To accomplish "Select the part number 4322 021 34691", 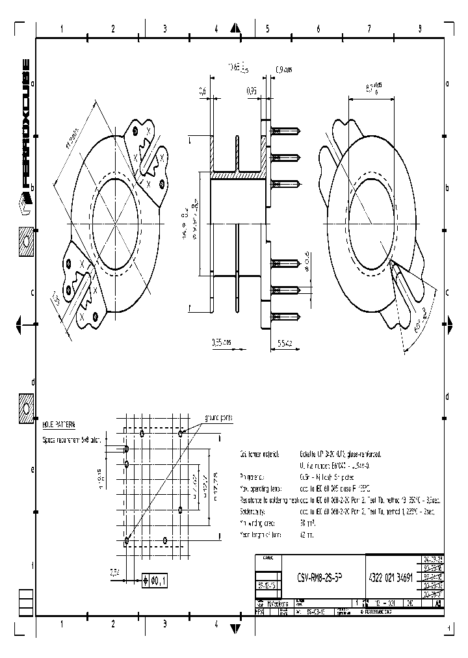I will (x=391, y=577).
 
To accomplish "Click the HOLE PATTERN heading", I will (x=58, y=424).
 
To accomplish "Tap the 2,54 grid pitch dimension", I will (x=114, y=572).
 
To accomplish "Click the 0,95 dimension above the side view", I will (x=252, y=92).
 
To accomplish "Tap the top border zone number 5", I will (x=266, y=29).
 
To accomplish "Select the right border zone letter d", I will (x=447, y=397).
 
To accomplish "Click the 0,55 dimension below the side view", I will (x=220, y=341).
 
